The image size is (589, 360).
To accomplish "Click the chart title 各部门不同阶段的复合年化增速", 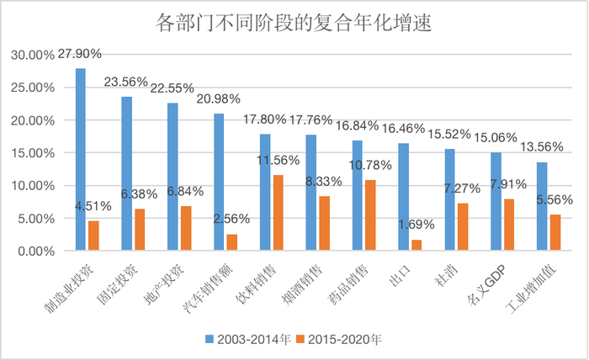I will (x=294, y=23).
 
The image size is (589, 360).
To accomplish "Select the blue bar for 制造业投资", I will (x=80, y=159).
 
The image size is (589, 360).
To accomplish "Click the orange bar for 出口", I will (x=416, y=245).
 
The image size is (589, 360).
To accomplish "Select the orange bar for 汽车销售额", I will (x=231, y=242).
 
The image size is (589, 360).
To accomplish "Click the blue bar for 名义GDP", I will (x=496, y=201).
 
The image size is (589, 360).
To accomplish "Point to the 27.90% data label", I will (x=79, y=54).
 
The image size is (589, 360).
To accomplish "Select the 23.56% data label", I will (x=125, y=82).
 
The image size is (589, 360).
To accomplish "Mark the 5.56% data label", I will (x=555, y=199).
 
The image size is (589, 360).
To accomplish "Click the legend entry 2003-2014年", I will (x=252, y=340).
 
